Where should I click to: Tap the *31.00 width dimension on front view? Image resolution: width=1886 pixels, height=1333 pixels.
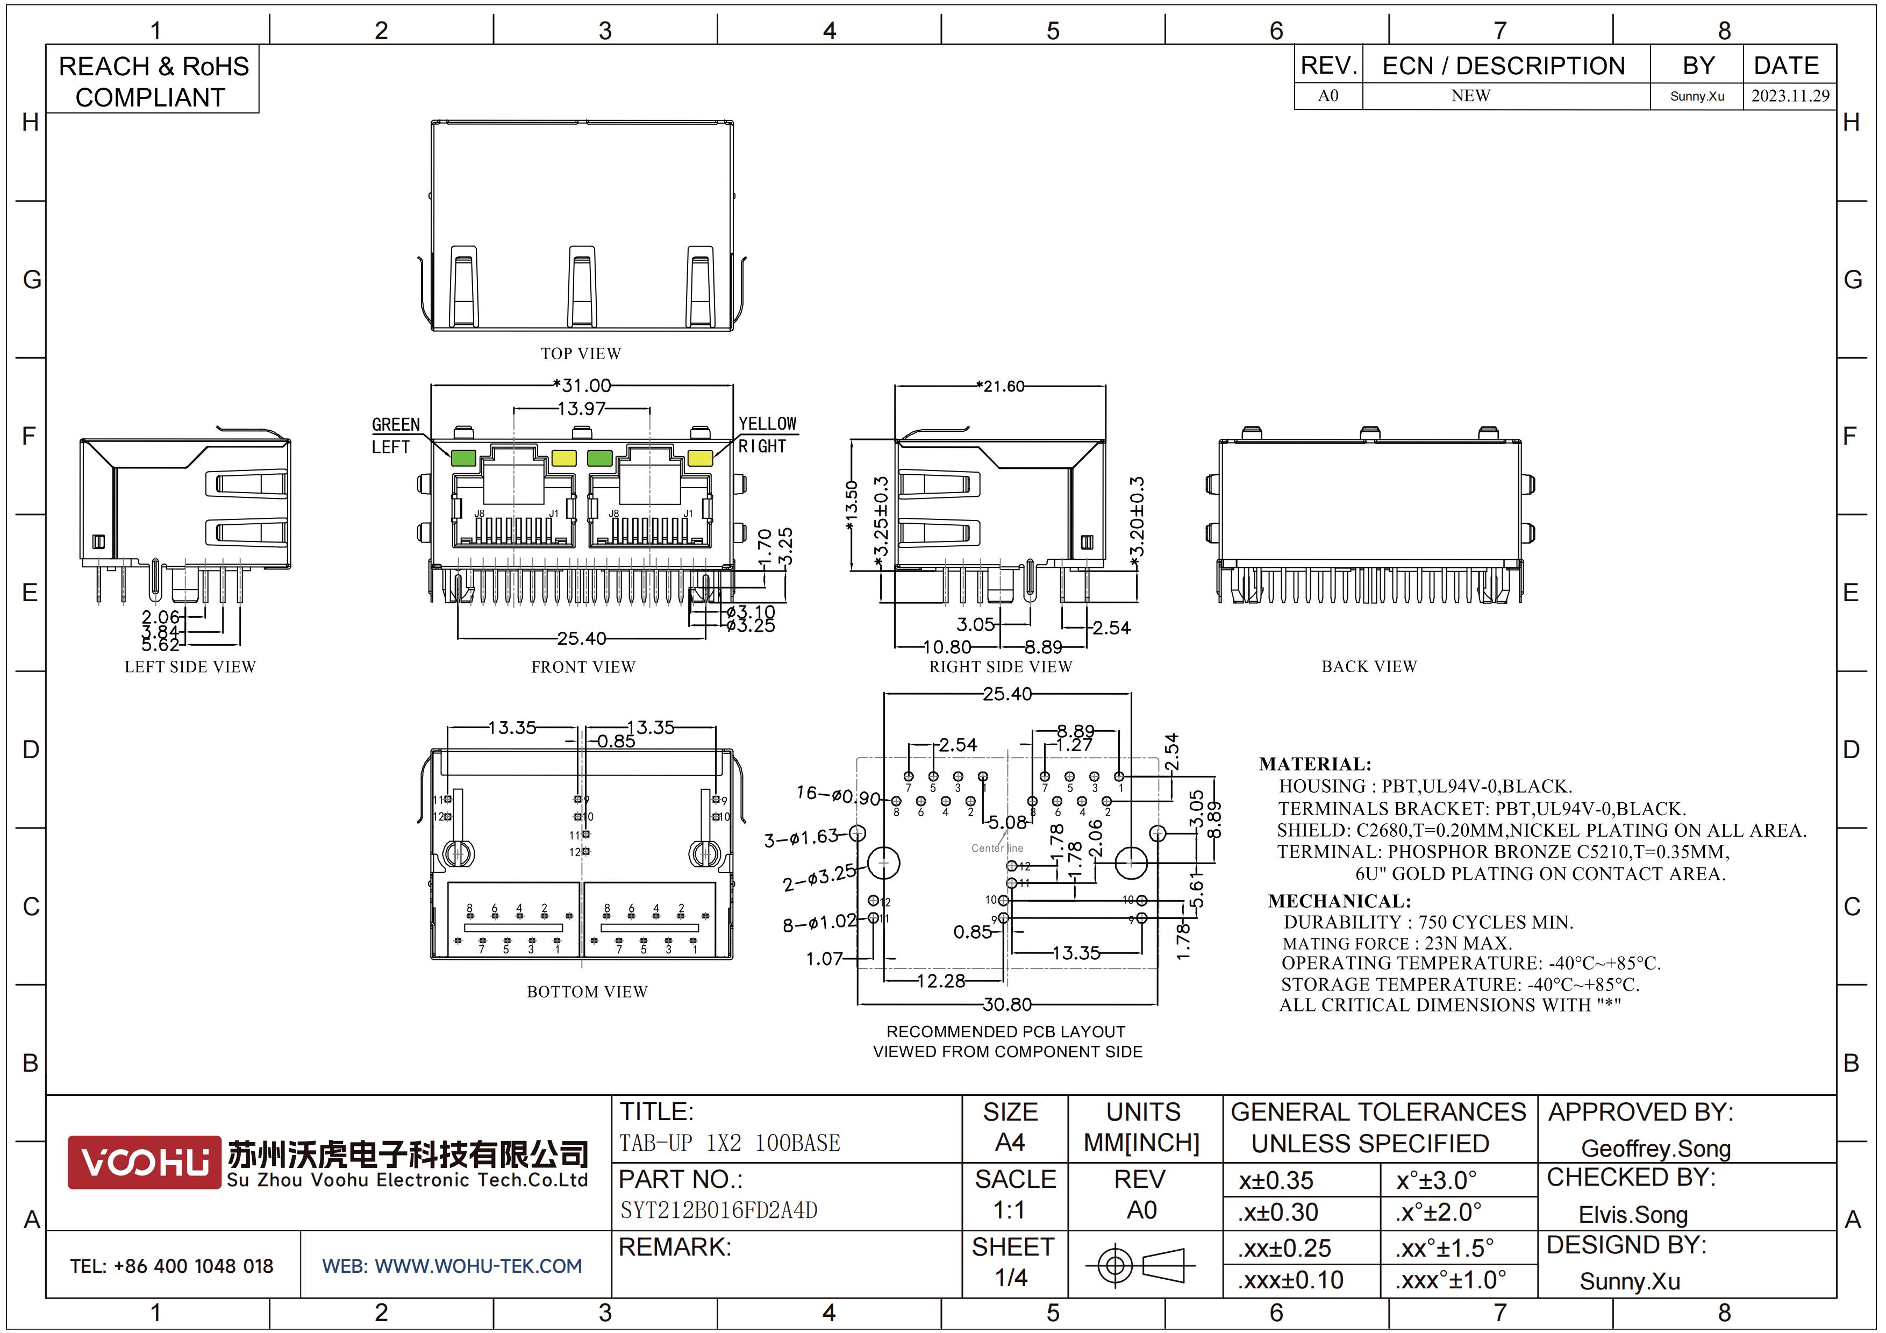click(x=582, y=385)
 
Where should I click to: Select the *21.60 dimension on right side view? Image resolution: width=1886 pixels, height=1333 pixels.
click(x=1001, y=386)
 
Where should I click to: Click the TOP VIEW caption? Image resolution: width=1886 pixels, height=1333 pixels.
click(x=581, y=353)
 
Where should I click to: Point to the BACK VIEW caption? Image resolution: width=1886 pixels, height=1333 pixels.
click(x=1368, y=666)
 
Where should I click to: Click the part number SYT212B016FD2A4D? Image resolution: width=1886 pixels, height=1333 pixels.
click(x=719, y=1210)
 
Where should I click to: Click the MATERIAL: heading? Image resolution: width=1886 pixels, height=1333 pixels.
click(x=1315, y=764)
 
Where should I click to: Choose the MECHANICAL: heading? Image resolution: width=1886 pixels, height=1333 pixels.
click(x=1339, y=901)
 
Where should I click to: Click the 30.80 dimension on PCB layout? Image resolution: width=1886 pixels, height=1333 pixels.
click(x=1007, y=1004)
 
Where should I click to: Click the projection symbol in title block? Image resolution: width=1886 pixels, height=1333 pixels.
click(x=1140, y=1265)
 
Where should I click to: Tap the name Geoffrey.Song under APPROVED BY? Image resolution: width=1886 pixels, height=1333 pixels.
click(x=1655, y=1148)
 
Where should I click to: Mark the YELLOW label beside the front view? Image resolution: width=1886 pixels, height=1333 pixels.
click(x=767, y=424)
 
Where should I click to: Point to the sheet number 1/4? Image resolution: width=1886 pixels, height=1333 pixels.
click(x=1011, y=1277)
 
